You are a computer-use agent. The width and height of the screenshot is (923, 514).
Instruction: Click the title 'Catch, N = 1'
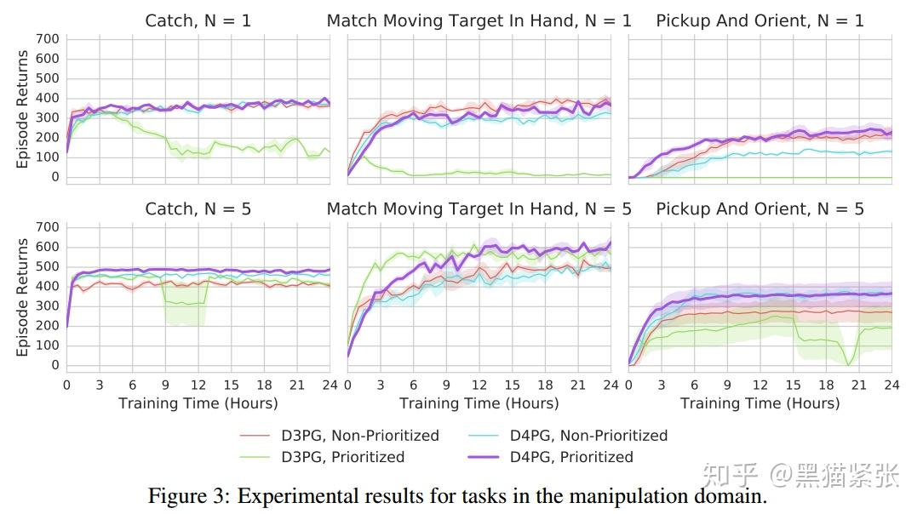[x=198, y=21]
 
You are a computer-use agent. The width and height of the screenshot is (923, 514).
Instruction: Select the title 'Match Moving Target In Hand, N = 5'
[x=479, y=209]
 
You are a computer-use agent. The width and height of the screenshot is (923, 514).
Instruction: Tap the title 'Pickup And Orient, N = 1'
[x=760, y=21]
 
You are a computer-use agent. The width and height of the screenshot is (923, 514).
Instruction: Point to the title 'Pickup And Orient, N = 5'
[x=760, y=209]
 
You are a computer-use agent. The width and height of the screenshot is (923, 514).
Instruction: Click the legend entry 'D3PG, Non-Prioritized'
[x=360, y=436]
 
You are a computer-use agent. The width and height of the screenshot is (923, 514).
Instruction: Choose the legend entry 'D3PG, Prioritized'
[x=342, y=457]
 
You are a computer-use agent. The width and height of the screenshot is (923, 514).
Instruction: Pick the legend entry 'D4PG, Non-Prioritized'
[x=588, y=436]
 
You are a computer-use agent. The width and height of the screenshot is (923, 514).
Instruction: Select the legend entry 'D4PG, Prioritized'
[x=571, y=457]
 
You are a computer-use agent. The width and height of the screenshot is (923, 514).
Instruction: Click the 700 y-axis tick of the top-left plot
[x=48, y=39]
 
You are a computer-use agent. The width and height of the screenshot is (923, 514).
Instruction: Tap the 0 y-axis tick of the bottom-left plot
[x=54, y=365]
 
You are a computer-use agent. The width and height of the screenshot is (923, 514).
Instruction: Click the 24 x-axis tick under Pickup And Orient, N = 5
[x=891, y=385]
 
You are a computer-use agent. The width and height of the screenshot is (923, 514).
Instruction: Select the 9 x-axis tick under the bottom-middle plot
[x=446, y=385]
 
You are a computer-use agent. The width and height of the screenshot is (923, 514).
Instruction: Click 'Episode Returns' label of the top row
[x=23, y=108]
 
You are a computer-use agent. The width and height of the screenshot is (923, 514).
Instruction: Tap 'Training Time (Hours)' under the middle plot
[x=479, y=403]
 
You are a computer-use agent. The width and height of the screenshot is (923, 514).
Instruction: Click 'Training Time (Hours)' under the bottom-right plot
[x=760, y=403]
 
